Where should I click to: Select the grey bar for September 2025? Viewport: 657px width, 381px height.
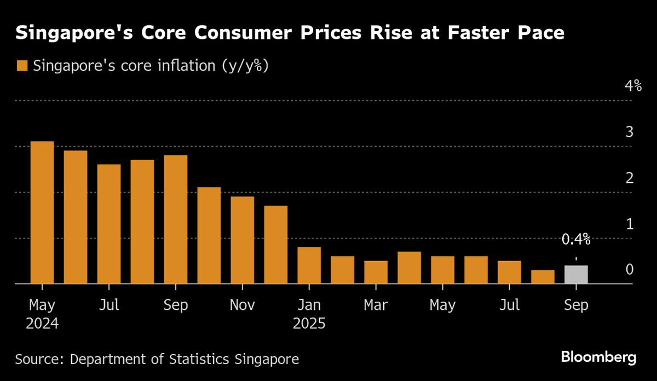pos(576,274)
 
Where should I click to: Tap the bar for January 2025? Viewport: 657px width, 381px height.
pos(309,265)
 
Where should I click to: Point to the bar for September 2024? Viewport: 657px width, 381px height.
pos(176,219)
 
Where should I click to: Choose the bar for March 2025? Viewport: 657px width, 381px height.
pos(376,272)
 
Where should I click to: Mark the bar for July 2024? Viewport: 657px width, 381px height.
pos(109,224)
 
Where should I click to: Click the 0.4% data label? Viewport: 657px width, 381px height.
pos(576,239)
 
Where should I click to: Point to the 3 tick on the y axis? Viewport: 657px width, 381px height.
pos(630,132)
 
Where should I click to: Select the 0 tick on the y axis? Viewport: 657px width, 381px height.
pos(630,269)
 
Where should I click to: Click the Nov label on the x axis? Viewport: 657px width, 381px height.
pos(243,305)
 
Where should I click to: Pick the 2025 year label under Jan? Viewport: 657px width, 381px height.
pos(309,324)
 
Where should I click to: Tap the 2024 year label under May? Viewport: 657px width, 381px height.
pos(42,324)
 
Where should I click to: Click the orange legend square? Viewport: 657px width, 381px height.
pos(22,66)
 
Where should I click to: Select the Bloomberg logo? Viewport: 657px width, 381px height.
pos(598,358)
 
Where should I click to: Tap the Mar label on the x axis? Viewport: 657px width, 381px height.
pos(376,305)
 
